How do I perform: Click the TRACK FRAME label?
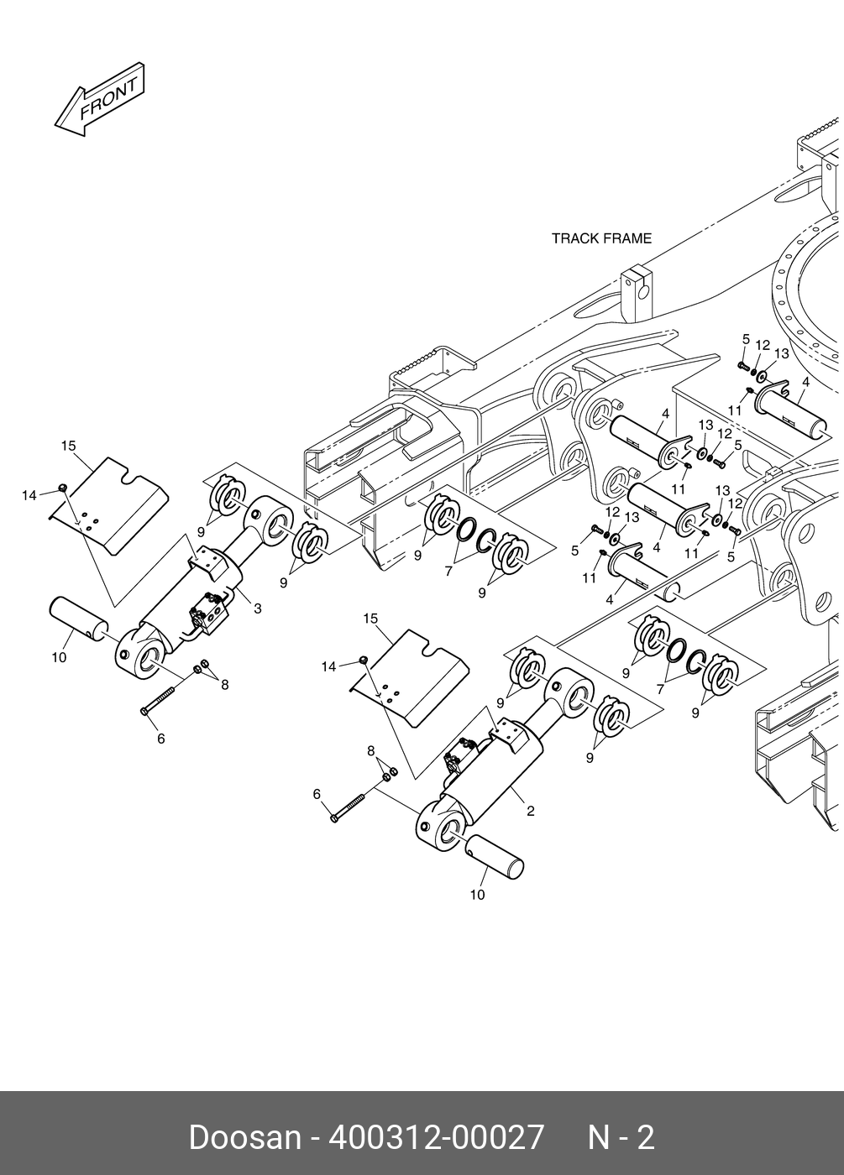tap(601, 238)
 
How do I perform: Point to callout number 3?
tap(257, 608)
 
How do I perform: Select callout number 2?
tap(531, 811)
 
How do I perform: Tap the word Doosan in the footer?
tap(244, 1137)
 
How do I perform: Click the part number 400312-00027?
tap(437, 1137)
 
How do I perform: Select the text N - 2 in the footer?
tap(621, 1137)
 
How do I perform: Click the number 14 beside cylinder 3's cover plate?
tap(29, 495)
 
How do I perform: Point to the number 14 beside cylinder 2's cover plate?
tap(328, 666)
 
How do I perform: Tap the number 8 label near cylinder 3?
tap(224, 684)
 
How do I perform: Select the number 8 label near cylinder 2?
tap(371, 749)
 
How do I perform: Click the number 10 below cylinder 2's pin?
tap(477, 895)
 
